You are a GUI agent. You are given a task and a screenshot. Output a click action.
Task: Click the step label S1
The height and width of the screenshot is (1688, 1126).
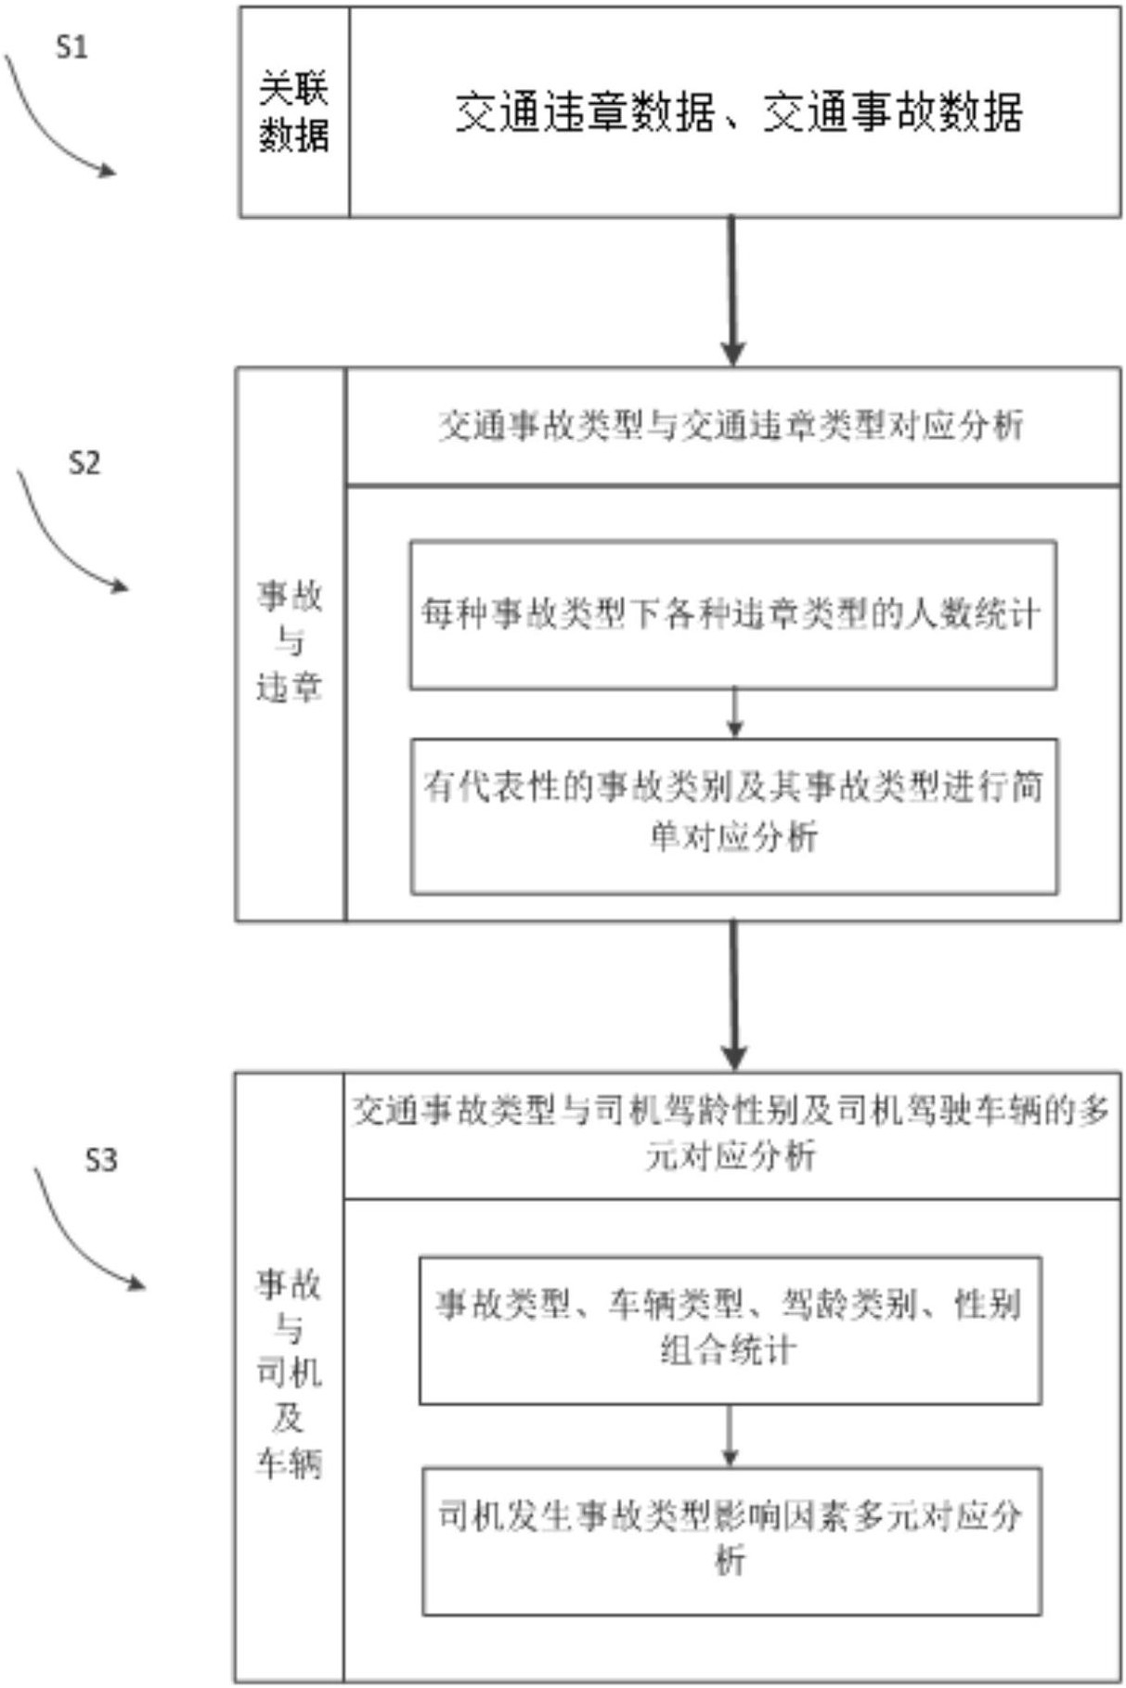pyautogui.click(x=71, y=46)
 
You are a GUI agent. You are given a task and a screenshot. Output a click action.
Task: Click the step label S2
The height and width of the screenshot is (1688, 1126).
pyautogui.click(x=84, y=462)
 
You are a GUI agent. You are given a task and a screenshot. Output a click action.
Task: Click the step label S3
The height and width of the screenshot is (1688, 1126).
pyautogui.click(x=100, y=1159)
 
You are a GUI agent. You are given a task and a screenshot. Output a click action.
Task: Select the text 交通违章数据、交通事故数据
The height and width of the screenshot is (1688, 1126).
pyautogui.click(x=739, y=112)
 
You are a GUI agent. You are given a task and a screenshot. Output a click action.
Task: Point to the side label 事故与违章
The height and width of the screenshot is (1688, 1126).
pyautogui.click(x=290, y=642)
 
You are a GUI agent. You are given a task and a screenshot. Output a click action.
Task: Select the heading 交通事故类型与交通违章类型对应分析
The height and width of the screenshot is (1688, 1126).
pyautogui.click(x=731, y=426)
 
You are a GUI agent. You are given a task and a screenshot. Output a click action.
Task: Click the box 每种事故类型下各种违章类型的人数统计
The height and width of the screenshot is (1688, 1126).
pyautogui.click(x=732, y=615)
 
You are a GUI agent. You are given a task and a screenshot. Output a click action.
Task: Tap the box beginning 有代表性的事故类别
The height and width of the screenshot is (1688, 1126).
pyautogui.click(x=733, y=817)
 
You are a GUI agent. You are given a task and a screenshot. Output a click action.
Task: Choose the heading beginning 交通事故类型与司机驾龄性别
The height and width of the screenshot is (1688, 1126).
pyautogui.click(x=731, y=1134)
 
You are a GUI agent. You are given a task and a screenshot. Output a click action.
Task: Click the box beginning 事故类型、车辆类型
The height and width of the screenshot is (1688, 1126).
pyautogui.click(x=730, y=1330)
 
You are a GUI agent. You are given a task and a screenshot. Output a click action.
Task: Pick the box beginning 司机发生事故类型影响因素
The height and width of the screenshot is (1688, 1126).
pyautogui.click(x=731, y=1540)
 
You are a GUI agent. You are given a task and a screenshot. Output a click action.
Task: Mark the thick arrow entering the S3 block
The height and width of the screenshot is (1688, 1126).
pyautogui.click(x=733, y=996)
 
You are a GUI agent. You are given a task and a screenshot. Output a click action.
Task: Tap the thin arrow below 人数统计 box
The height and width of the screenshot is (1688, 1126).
pyautogui.click(x=733, y=714)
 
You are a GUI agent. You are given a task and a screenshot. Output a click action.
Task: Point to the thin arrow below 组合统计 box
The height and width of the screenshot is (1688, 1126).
pyautogui.click(x=730, y=1436)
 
